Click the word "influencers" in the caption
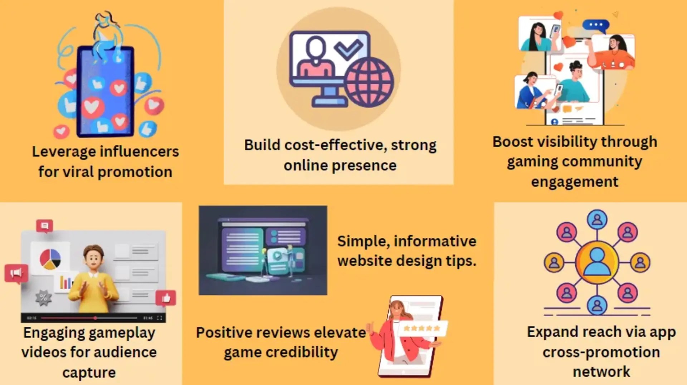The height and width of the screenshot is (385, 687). pyautogui.click(x=140, y=151)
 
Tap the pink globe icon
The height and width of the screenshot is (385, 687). pyautogui.click(x=369, y=82)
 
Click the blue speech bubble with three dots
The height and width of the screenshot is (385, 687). pyautogui.click(x=595, y=25)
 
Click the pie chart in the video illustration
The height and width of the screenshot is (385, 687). pyautogui.click(x=50, y=259)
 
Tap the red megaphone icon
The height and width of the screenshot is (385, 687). pyautogui.click(x=16, y=274)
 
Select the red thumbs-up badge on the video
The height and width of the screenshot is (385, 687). pyautogui.click(x=166, y=297)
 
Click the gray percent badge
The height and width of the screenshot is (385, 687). pyautogui.click(x=44, y=297)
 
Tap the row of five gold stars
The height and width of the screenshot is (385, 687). pyautogui.click(x=422, y=328)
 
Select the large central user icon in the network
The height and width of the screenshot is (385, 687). pyautogui.click(x=597, y=262)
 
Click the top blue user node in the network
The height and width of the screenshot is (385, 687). pyautogui.click(x=597, y=219)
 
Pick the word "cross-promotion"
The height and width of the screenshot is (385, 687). pyautogui.click(x=601, y=352)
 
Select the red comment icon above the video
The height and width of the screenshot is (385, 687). pyautogui.click(x=45, y=226)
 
